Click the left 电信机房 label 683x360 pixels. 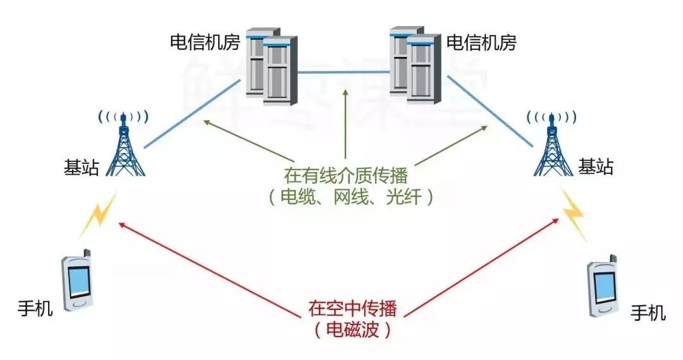click(x=204, y=42)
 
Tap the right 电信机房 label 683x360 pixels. click(x=481, y=43)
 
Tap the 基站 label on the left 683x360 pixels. click(x=81, y=168)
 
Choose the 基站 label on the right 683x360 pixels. click(x=596, y=167)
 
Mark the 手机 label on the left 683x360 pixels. click(x=35, y=309)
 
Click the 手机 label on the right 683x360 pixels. click(x=648, y=313)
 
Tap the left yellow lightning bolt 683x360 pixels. click(x=98, y=215)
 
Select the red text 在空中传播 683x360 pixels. click(x=352, y=309)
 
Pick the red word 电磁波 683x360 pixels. click(x=352, y=329)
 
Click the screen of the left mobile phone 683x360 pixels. click(x=79, y=281)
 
